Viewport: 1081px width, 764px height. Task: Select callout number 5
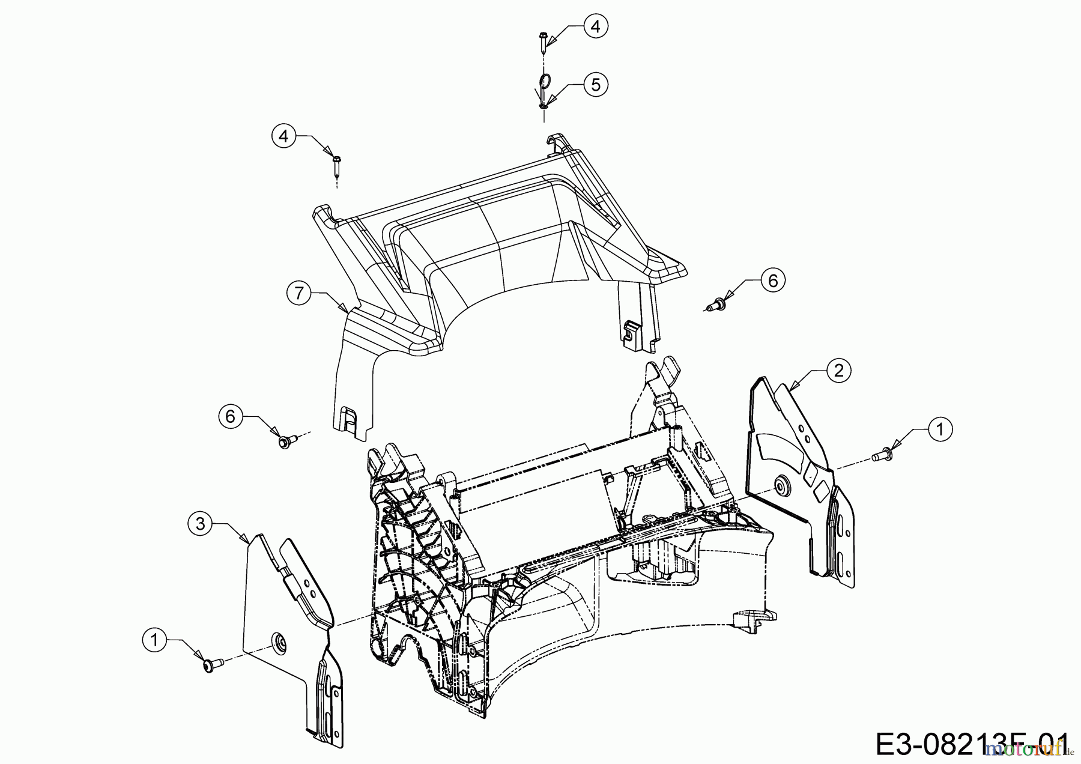pos(595,85)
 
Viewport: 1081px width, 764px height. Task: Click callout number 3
pos(200,524)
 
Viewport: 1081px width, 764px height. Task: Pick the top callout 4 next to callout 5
pos(595,26)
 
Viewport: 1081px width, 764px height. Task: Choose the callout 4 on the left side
pos(283,136)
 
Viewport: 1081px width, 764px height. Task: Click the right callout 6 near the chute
pos(772,280)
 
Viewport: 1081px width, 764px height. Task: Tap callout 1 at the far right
pos(940,429)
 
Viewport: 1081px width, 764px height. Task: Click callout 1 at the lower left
pos(155,640)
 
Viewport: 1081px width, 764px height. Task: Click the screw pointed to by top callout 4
pos(542,41)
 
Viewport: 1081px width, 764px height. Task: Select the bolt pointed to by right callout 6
pos(717,306)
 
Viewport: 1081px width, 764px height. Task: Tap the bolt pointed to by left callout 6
pos(285,442)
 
